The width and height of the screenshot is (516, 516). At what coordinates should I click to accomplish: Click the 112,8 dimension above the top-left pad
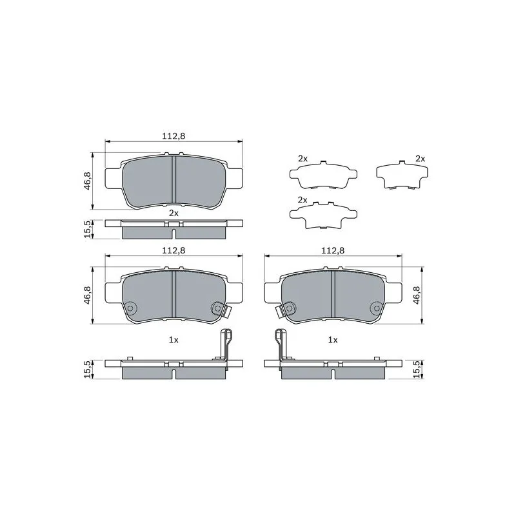pos(174,135)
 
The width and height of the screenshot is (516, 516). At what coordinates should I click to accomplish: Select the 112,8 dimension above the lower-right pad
pos(333,250)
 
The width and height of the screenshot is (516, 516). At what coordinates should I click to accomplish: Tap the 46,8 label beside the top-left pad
pos(88,181)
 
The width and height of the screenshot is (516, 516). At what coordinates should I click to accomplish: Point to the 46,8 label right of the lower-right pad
pos(417,295)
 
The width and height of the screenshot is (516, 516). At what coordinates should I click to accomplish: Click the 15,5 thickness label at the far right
pos(417,369)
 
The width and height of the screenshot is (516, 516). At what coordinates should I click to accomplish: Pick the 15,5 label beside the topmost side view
pos(88,229)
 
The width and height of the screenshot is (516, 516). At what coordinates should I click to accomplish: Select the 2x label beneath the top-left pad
pos(174,213)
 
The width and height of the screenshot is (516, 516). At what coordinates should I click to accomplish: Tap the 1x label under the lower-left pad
pos(174,340)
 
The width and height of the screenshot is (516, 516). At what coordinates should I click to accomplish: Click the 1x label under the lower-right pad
pos(333,340)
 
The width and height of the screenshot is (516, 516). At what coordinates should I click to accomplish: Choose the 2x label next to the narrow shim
pos(421,159)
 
